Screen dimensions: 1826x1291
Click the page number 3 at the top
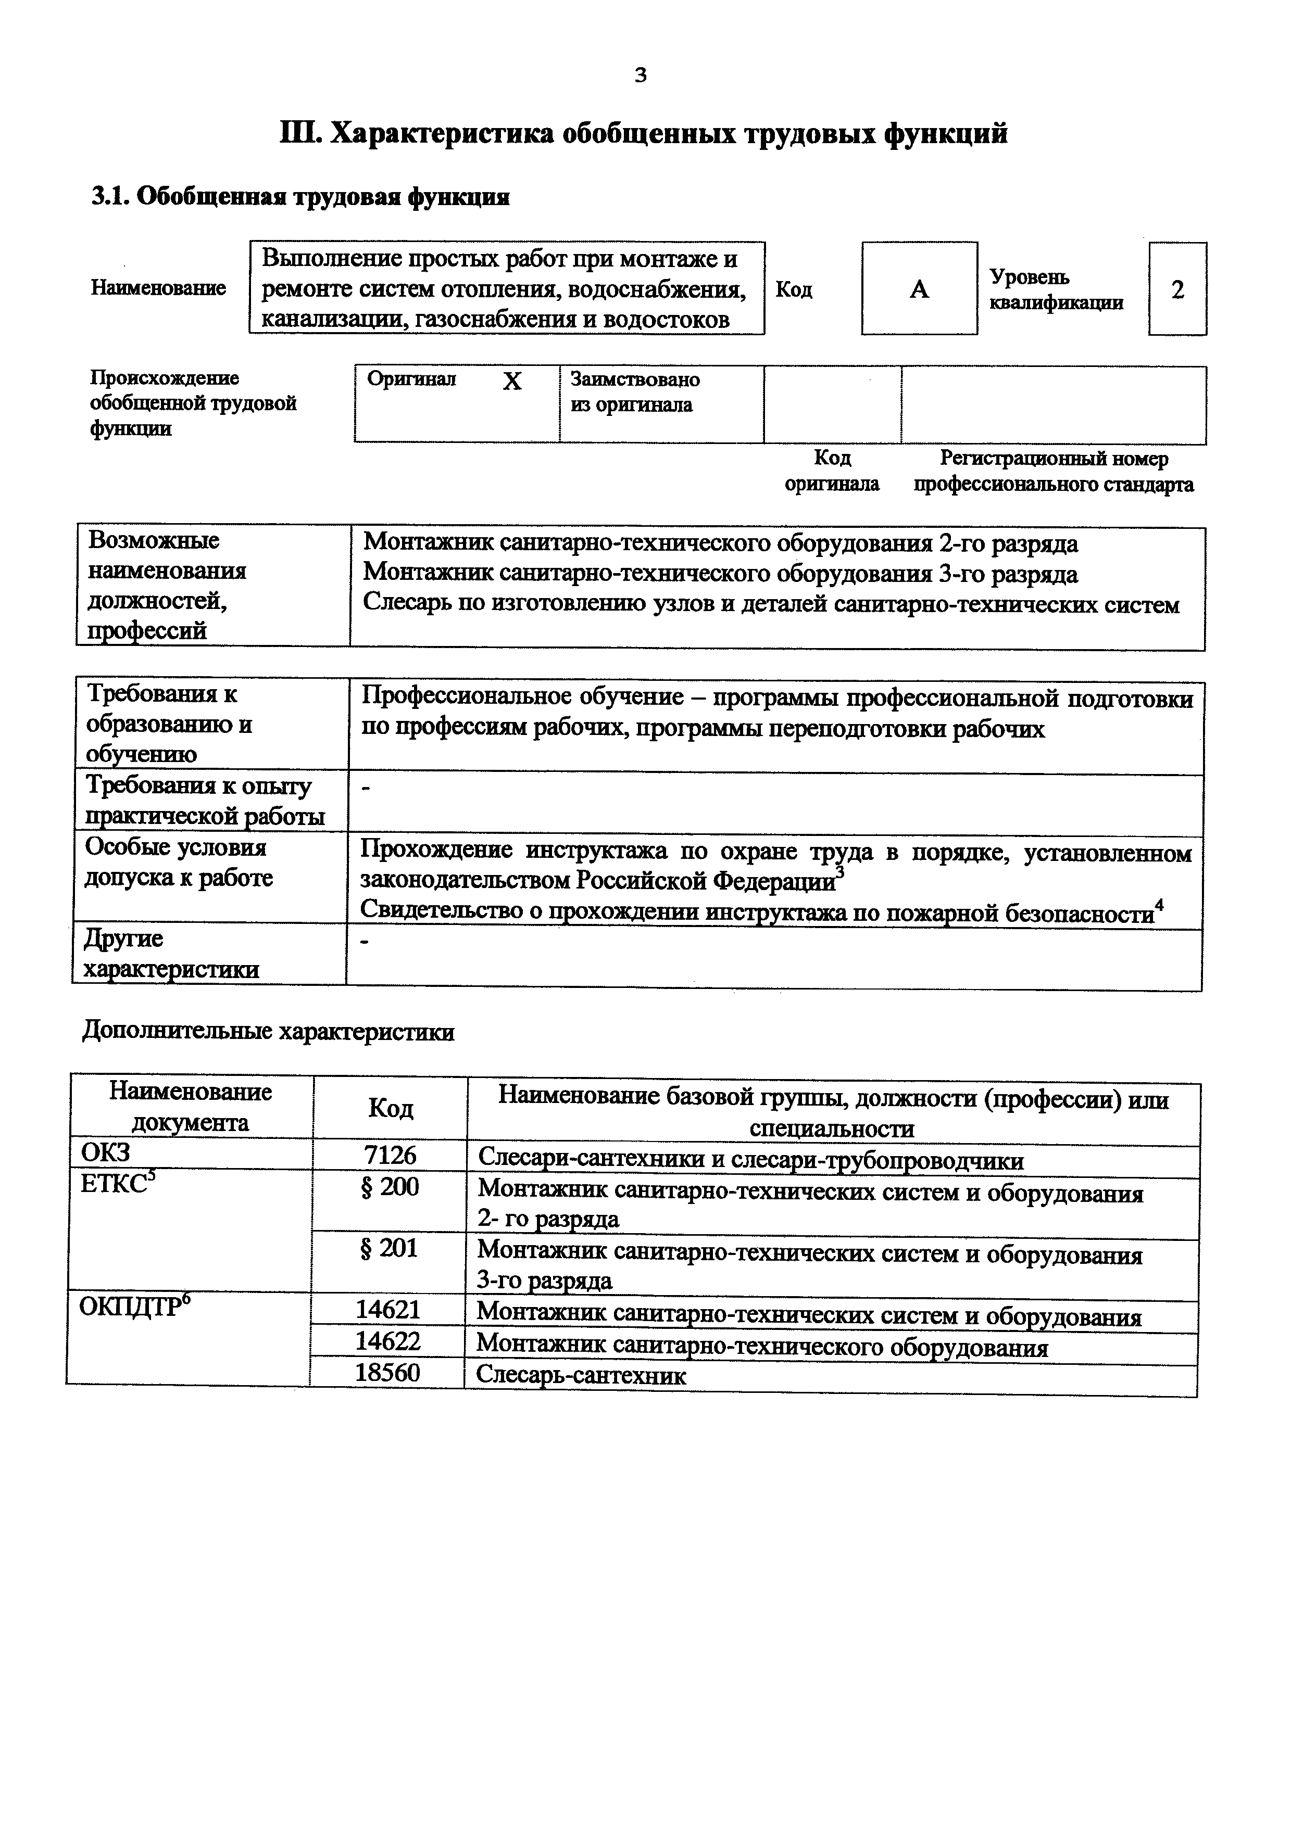pos(641,75)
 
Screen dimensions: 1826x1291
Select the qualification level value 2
pos(1177,289)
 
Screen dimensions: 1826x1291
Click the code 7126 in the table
pos(390,1156)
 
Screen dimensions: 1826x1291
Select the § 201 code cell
pos(389,1249)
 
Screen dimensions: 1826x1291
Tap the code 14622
pos(387,1342)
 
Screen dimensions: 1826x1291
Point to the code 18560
pos(387,1373)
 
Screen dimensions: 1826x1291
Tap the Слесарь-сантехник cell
pos(581,1375)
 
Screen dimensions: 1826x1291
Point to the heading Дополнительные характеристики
pos(269,1032)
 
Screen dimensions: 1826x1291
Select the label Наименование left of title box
pos(158,288)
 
